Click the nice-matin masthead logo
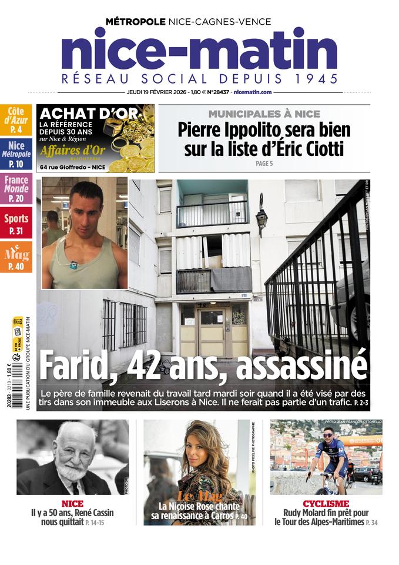[x=199, y=52]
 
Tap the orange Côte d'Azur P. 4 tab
[x=16, y=120]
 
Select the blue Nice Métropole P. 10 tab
[x=16, y=155]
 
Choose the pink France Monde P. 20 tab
[x=16, y=189]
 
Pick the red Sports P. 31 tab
[x=16, y=224]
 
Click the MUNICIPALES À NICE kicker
[x=264, y=114]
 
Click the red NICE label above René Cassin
[x=72, y=504]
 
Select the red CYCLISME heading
[x=326, y=504]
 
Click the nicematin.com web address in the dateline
[x=252, y=92]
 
